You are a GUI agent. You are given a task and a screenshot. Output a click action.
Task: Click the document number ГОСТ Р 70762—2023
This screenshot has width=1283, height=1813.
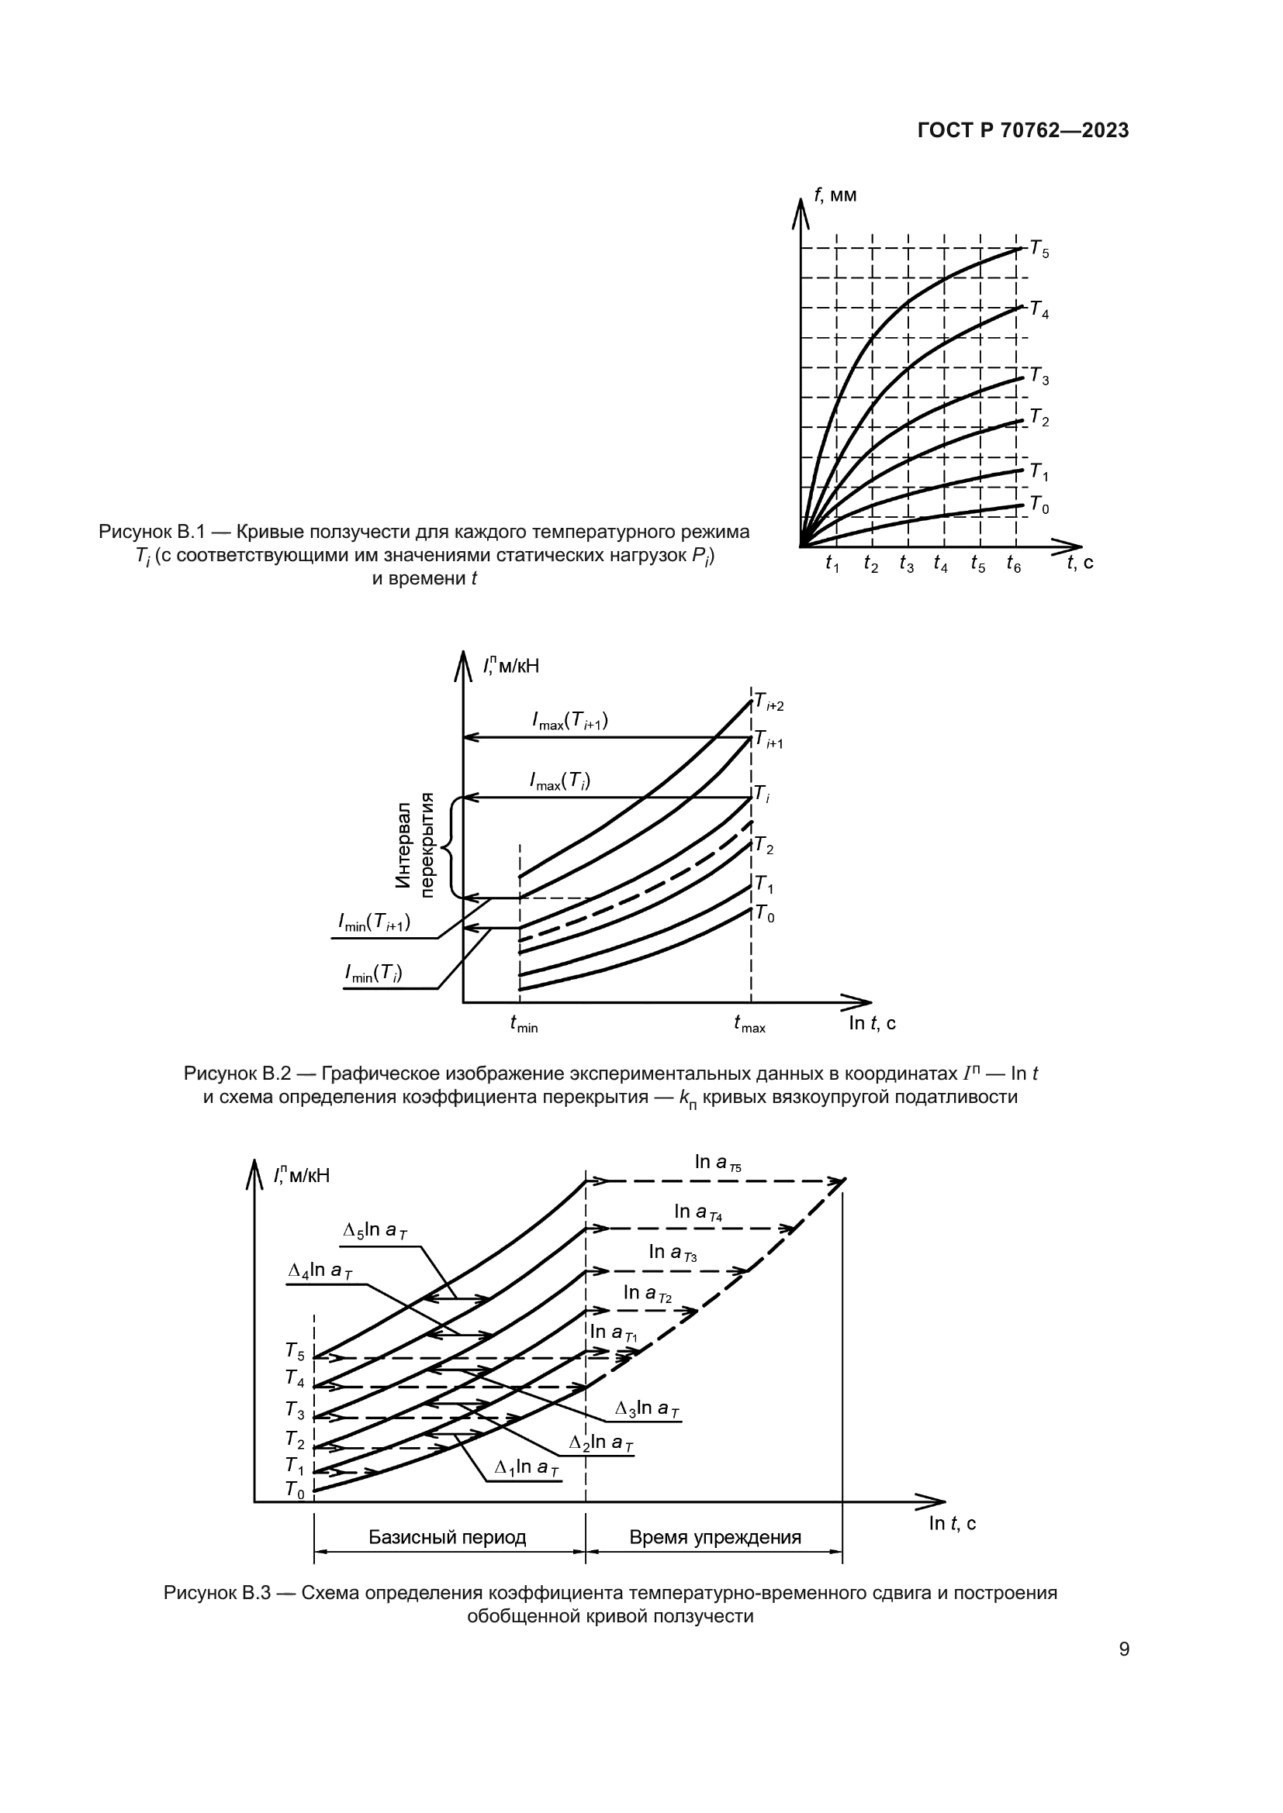(x=1022, y=131)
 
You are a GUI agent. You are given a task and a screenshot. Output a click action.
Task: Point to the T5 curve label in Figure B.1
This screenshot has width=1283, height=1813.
(x=1039, y=250)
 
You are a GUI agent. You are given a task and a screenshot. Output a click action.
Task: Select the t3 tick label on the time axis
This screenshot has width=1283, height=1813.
(x=906, y=564)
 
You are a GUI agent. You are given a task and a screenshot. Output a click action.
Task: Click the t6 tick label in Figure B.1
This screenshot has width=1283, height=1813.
(x=1013, y=564)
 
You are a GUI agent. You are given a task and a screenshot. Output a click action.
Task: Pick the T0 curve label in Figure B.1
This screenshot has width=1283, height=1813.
(x=1039, y=505)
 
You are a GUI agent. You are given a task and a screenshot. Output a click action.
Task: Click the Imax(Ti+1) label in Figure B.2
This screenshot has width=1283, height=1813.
(x=569, y=721)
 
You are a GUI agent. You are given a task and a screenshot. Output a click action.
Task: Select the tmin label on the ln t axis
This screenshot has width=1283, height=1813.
(x=523, y=1024)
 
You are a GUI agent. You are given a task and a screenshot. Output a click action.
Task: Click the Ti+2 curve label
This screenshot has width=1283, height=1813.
(x=768, y=701)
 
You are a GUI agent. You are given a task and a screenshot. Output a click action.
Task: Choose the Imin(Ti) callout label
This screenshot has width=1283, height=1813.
(x=373, y=974)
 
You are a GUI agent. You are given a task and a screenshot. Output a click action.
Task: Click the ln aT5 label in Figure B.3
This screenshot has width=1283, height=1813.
(x=718, y=1162)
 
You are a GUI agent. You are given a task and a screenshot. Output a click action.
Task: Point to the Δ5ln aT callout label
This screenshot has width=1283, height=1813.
(x=375, y=1231)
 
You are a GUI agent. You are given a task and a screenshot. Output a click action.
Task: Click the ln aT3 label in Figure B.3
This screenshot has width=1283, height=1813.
(x=673, y=1252)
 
